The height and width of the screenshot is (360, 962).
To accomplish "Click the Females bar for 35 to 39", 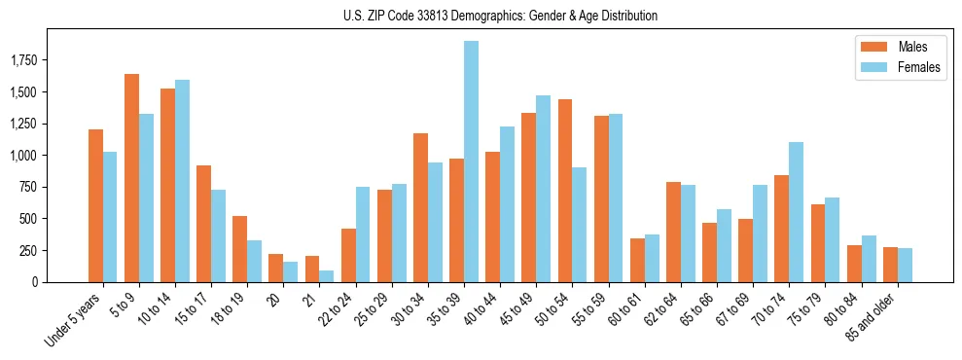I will [471, 162].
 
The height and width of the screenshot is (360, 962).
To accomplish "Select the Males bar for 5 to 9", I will [131, 178].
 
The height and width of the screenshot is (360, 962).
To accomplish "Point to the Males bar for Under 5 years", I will [95, 205].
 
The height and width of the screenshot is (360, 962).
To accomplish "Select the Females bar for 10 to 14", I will [182, 181].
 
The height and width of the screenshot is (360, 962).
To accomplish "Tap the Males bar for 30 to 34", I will [420, 207].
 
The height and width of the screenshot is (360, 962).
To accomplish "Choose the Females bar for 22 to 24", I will [363, 234].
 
